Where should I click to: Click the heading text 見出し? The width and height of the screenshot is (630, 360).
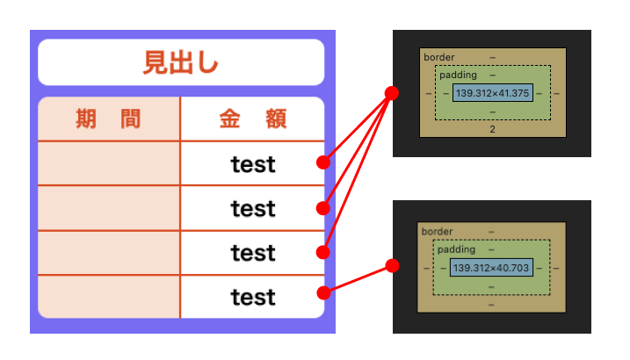[181, 63]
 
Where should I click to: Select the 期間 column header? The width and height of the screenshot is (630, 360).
[108, 119]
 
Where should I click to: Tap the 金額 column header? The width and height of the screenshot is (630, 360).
[253, 119]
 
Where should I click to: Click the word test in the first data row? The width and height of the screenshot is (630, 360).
[253, 164]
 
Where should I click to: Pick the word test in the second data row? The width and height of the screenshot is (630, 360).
[253, 209]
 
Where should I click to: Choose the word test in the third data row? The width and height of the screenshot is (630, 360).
[253, 253]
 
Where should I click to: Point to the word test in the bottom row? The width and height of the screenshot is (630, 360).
[253, 298]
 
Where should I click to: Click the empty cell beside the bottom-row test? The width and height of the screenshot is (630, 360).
[109, 298]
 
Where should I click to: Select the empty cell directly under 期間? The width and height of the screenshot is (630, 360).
[109, 164]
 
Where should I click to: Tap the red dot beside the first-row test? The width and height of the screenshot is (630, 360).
[323, 162]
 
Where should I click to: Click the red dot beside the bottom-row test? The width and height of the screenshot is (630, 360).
[323, 292]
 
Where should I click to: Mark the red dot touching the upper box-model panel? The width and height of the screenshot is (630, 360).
[393, 92]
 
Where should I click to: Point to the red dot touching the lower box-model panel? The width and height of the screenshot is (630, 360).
[393, 265]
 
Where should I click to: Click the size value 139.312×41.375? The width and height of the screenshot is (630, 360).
[492, 92]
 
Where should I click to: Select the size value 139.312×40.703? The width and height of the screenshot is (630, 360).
[491, 266]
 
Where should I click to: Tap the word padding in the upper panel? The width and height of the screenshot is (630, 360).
[457, 76]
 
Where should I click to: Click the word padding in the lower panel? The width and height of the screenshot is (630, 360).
[455, 249]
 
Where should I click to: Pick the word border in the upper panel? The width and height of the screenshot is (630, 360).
[439, 58]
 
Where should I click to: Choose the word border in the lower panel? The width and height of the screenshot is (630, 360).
[438, 232]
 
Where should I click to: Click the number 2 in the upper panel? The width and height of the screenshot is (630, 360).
[492, 129]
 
